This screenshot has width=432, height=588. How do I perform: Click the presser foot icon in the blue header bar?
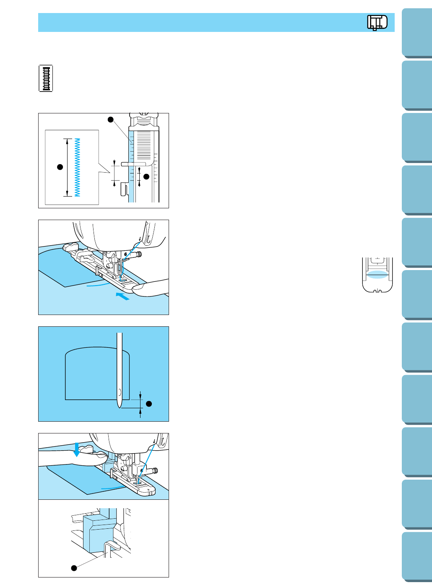(x=377, y=23)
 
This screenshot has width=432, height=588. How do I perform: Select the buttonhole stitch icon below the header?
(x=46, y=78)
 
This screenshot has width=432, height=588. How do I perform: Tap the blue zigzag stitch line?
(x=77, y=167)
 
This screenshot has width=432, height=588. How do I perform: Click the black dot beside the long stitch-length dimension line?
(x=60, y=167)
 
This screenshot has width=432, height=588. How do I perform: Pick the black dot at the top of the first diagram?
(x=111, y=119)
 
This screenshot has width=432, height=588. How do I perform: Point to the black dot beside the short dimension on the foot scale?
(x=146, y=177)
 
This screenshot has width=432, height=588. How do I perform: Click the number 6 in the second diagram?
(x=125, y=254)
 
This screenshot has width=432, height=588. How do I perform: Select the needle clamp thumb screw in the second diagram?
(x=139, y=254)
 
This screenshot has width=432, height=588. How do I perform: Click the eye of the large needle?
(x=120, y=392)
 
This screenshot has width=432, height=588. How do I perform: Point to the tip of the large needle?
(x=120, y=408)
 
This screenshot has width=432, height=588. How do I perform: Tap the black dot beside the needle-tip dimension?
(x=149, y=404)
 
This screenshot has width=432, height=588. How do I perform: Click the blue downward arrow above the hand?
(x=76, y=449)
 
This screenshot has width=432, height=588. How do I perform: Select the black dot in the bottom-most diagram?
(x=74, y=568)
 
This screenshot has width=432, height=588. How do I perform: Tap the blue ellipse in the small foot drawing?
(x=377, y=275)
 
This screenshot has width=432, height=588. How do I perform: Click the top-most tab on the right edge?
(x=417, y=33)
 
